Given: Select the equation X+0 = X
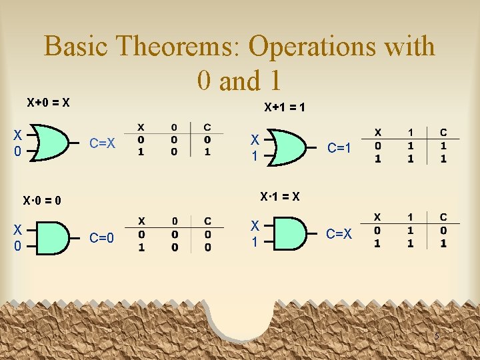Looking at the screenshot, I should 49,103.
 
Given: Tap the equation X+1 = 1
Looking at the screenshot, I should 285,107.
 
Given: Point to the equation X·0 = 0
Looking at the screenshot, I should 42,200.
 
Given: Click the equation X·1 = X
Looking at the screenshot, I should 279,197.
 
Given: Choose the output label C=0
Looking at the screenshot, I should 102,237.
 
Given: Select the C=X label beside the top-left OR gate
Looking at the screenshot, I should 103,143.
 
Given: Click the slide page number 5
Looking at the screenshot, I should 437,336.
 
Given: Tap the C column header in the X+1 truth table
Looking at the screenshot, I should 443,133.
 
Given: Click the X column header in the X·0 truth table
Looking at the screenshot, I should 141,221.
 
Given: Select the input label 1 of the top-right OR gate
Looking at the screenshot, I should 254,156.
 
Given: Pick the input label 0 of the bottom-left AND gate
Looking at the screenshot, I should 18,246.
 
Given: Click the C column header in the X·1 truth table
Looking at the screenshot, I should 443,217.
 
